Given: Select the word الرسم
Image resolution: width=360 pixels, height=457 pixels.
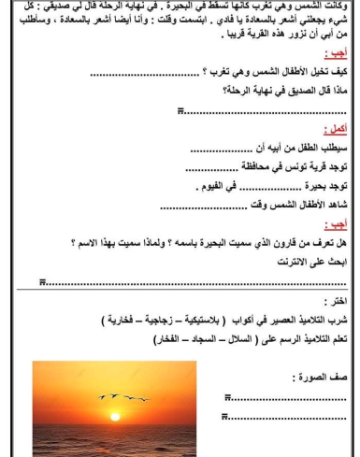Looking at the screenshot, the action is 258,337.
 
